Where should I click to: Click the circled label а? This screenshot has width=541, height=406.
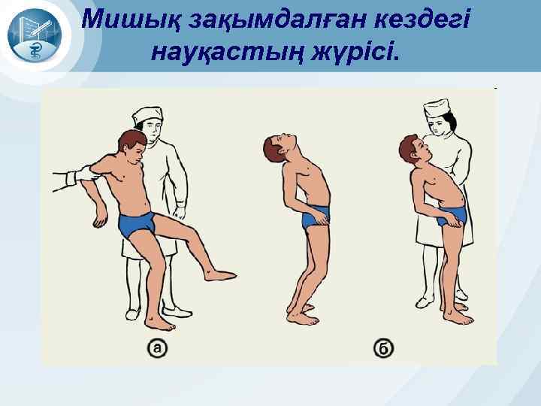click(157, 347)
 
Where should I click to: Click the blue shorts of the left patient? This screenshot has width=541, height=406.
click(140, 223)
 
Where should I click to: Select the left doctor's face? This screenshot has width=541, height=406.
click(151, 132)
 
